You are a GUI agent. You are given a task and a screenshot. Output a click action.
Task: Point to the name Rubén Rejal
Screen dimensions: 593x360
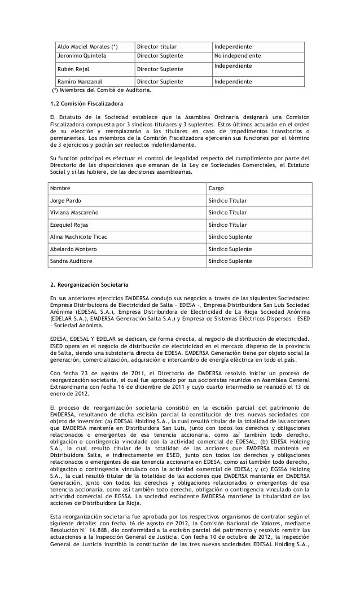pyautogui.click(x=73, y=69)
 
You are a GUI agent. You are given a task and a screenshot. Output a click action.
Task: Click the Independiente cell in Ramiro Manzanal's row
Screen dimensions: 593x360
pyautogui.click(x=233, y=82)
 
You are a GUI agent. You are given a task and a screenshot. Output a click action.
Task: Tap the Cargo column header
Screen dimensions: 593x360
pyautogui.click(x=217, y=187)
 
